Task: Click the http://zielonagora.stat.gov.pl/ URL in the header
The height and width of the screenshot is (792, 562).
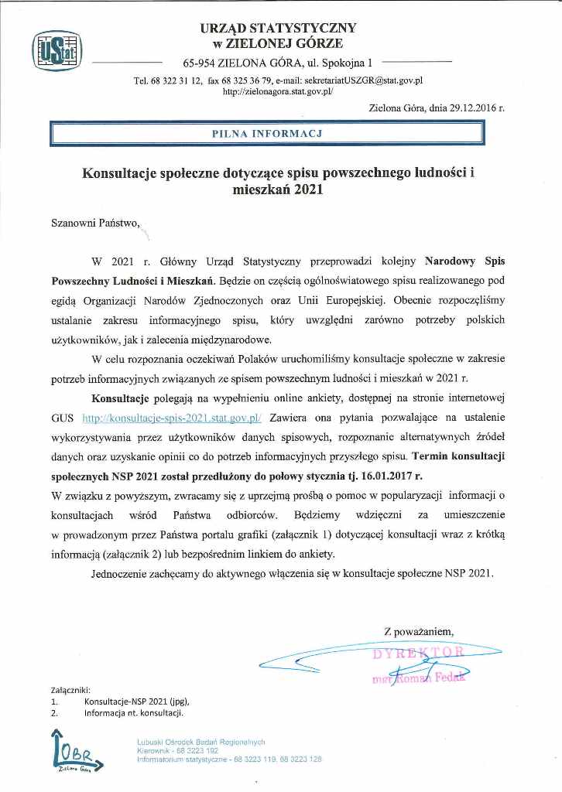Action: pyautogui.click(x=277, y=90)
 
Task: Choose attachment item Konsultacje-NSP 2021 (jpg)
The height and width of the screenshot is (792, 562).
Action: pyautogui.click(x=137, y=701)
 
